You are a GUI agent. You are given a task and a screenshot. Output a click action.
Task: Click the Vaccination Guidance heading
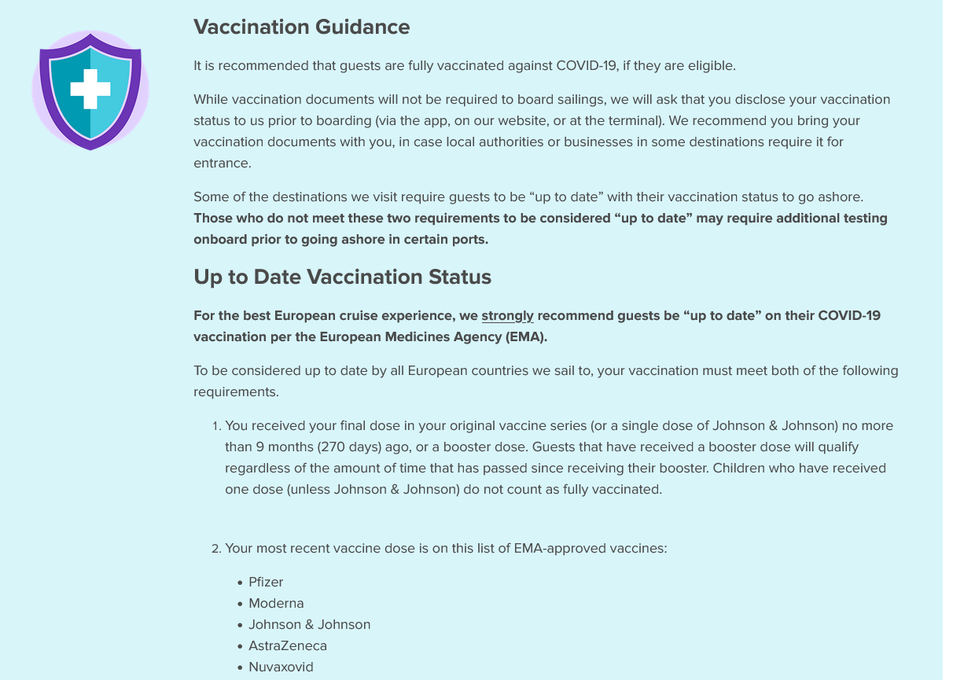[301, 27]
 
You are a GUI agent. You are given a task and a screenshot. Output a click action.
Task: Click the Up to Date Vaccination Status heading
[342, 277]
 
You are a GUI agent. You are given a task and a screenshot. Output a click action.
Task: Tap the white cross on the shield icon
[90, 90]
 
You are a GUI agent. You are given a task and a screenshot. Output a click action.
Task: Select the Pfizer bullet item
[266, 582]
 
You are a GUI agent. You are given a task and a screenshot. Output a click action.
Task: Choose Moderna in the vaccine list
[276, 603]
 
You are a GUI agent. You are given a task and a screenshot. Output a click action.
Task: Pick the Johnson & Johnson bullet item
[309, 624]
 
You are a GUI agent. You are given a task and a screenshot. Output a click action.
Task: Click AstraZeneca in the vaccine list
[288, 645]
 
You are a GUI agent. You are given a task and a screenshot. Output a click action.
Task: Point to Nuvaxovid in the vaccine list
[281, 667]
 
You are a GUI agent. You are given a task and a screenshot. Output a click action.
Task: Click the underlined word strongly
[507, 315]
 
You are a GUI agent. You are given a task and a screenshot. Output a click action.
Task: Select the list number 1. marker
[216, 426]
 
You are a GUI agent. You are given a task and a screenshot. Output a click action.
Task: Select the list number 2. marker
[216, 549]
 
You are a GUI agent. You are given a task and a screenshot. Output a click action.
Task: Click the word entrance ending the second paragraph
[222, 163]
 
